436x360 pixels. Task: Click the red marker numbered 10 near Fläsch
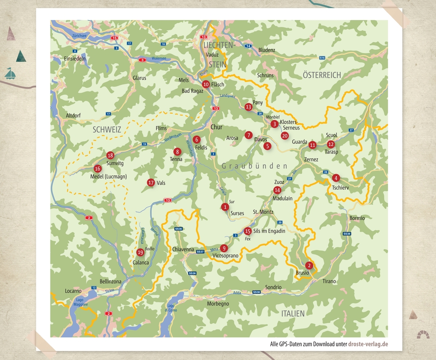pos(206,85)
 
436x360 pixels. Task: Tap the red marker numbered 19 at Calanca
pos(140,252)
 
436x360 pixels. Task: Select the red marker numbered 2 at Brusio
pos(309,265)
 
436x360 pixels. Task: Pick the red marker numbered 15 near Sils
pos(247,231)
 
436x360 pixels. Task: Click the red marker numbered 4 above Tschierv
pos(336,178)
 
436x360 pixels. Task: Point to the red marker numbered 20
pos(285,136)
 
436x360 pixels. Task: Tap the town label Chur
pos(217,127)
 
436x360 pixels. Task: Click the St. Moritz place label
pos(263,212)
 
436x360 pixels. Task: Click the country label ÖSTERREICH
pos(321,75)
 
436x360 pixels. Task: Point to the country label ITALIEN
pos(293,313)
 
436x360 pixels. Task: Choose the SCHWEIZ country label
pos(106,129)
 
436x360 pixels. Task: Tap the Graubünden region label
pos(254,166)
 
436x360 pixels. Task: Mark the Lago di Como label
pos(171,308)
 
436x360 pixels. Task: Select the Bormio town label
pos(357,218)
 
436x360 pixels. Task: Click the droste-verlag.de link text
pos(368,344)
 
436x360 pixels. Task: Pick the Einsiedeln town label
pos(75,59)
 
